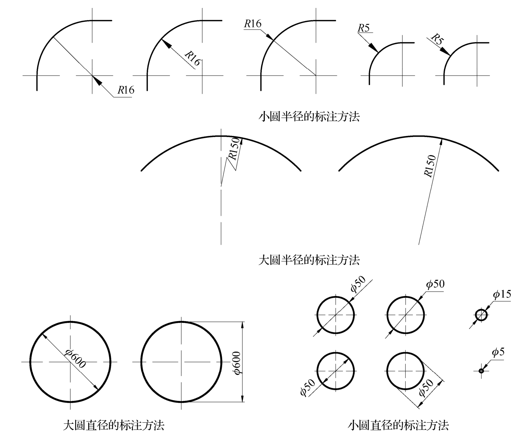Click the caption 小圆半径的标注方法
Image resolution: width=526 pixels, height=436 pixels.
[x=309, y=117]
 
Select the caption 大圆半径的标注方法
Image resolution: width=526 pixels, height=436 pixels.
[x=309, y=260]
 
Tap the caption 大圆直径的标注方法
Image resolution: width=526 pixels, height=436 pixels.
[x=113, y=425]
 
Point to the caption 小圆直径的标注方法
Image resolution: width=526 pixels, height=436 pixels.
[x=398, y=425]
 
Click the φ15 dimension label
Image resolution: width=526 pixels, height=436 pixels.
[x=502, y=295]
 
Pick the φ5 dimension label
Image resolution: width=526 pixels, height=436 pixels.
[x=498, y=352]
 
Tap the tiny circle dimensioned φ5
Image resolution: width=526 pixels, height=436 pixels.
[x=481, y=371]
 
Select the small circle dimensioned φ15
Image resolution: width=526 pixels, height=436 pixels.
[x=481, y=315]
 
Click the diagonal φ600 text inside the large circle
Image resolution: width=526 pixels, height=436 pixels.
[x=76, y=359]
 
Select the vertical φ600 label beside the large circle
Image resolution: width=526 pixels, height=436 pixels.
[x=237, y=362]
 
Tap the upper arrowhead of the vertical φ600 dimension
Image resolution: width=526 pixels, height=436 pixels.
[x=242, y=325]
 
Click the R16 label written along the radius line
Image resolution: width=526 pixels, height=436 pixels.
[x=193, y=58]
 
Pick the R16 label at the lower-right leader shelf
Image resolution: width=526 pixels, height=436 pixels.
[x=126, y=90]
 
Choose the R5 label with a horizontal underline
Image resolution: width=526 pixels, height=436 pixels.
[x=364, y=28]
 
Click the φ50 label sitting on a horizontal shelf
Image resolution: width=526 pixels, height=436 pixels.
[x=435, y=284]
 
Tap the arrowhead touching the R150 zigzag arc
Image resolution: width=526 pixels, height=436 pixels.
[x=241, y=141]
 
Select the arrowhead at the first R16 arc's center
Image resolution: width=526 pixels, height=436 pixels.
[x=97, y=81]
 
